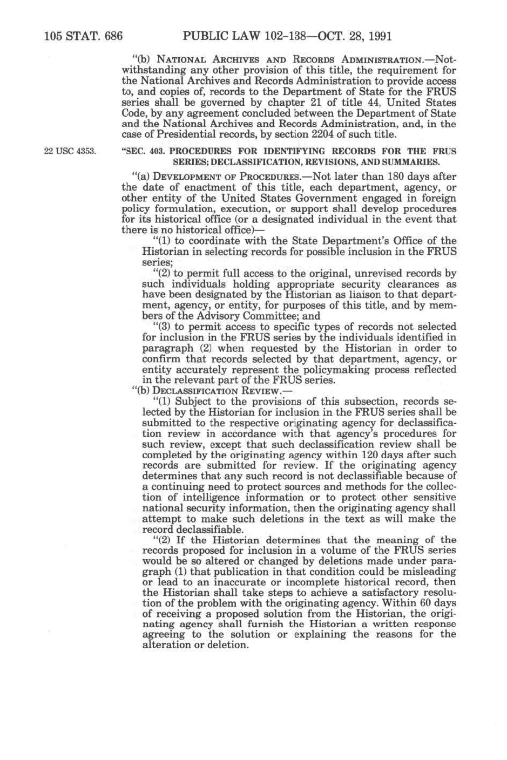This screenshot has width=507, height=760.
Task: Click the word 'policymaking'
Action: coord(321,370)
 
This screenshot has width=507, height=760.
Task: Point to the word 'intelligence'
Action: coord(205,497)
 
